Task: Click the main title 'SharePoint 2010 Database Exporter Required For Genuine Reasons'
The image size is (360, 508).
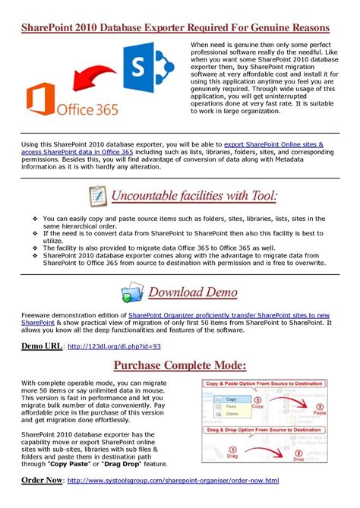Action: pos(179,28)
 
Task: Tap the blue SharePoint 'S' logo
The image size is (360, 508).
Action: pos(147,66)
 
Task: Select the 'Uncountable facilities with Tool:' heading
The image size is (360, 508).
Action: pos(194,197)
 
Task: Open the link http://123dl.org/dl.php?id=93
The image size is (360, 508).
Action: pos(115,347)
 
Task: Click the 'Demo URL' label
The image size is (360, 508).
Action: pos(42,346)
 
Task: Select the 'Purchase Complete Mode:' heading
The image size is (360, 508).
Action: pos(179,365)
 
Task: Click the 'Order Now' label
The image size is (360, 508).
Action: pos(42,481)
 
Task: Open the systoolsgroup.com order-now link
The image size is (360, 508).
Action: pos(173,481)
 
